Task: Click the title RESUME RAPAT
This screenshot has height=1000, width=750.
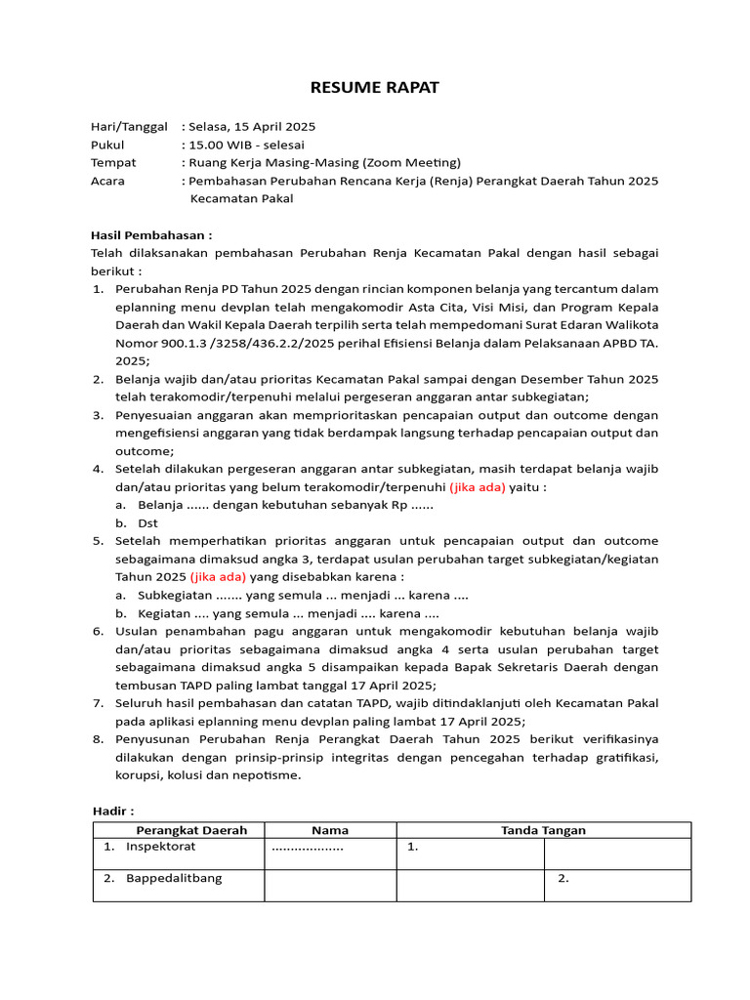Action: tap(375, 88)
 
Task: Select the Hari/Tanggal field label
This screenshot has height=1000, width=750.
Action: tap(129, 127)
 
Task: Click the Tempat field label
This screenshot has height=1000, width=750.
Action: tap(113, 163)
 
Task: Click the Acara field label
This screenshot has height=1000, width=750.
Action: tap(107, 181)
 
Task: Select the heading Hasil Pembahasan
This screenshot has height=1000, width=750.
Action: tap(151, 235)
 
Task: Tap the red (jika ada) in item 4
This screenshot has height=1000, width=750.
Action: tap(478, 486)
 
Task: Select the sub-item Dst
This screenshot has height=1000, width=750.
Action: tap(148, 522)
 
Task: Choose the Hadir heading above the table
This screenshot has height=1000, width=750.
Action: tap(112, 811)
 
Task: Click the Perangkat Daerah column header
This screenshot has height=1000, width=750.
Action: tap(178, 830)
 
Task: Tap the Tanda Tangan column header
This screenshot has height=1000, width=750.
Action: tap(543, 830)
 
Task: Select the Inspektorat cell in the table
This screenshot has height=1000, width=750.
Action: tap(160, 848)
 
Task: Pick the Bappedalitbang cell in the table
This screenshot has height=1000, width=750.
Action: tap(173, 878)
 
